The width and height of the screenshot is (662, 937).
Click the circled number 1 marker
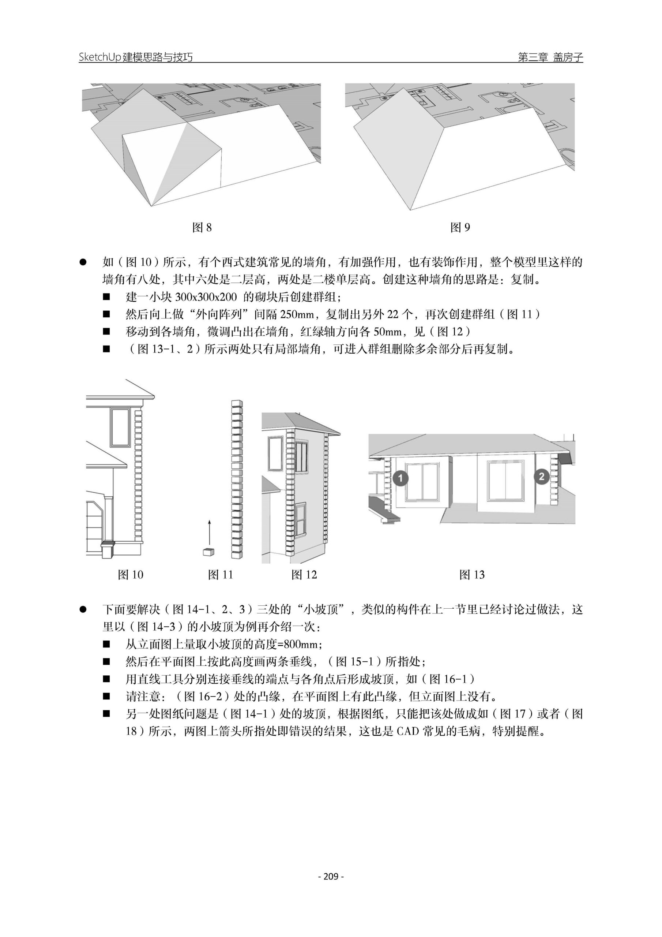coord(400,478)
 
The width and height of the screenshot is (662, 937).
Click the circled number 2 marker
coord(541,476)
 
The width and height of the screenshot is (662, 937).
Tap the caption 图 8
coord(202,227)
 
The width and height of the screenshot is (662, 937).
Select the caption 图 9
coord(460,227)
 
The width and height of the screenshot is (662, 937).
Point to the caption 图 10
coord(131,575)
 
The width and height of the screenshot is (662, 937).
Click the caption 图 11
coord(220,575)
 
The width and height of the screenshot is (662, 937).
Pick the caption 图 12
coord(304,575)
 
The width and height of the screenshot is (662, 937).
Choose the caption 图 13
coord(472,575)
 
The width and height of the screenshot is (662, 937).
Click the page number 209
coord(331,876)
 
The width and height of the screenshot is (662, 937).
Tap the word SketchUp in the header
coord(100,57)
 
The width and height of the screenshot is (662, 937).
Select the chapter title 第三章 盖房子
coord(550,57)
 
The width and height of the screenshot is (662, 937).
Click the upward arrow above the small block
coord(209,533)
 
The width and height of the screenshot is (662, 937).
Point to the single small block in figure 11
coord(209,552)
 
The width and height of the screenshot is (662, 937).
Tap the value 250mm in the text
coord(297,314)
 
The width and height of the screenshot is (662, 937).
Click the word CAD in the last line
coord(408,731)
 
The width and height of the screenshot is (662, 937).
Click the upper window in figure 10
coord(120,427)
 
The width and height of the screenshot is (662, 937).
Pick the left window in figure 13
coord(422,482)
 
